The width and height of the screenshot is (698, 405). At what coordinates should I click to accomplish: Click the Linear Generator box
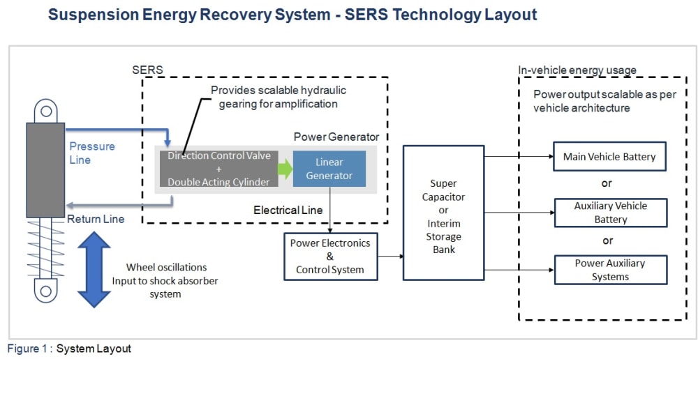pyautogui.click(x=329, y=169)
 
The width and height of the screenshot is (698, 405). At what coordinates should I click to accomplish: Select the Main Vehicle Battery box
pyautogui.click(x=609, y=157)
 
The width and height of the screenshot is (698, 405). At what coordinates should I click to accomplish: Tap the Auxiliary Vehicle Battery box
pyautogui.click(x=610, y=213)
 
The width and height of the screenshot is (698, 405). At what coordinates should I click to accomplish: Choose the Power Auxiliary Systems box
pyautogui.click(x=610, y=270)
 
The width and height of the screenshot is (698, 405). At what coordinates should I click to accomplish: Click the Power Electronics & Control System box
pyautogui.click(x=330, y=257)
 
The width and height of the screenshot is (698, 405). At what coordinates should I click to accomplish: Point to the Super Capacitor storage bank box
pyautogui.click(x=443, y=213)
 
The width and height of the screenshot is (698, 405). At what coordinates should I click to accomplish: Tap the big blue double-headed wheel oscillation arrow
pyautogui.click(x=94, y=269)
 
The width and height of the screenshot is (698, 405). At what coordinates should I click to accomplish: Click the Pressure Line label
pyautogui.click(x=91, y=153)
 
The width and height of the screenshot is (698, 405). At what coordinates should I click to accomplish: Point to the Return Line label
pyautogui.click(x=96, y=219)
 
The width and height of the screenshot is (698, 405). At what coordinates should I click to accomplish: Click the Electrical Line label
pyautogui.click(x=288, y=210)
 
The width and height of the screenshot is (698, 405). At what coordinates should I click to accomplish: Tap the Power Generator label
pyautogui.click(x=336, y=137)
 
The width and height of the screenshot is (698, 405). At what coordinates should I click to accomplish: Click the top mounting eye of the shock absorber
pyautogui.click(x=45, y=111)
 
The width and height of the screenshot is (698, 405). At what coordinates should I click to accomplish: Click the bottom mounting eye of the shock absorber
pyautogui.click(x=45, y=291)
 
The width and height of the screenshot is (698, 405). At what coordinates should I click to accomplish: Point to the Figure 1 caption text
pyautogui.click(x=69, y=349)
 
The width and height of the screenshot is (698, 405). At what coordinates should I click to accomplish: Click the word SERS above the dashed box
pyautogui.click(x=147, y=70)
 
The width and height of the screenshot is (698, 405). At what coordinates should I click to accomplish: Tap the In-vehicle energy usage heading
pyautogui.click(x=577, y=70)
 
